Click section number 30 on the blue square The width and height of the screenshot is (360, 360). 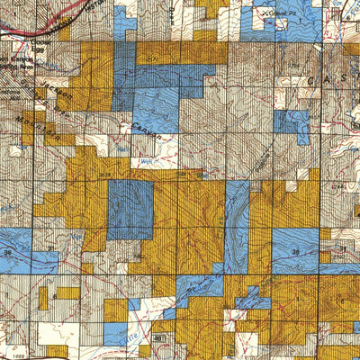pyautogui.click(x=297, y=253)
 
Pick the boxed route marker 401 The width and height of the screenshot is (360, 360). pyautogui.click(x=159, y=337)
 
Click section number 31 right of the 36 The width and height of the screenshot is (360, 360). pyautogui.click(x=49, y=254)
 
